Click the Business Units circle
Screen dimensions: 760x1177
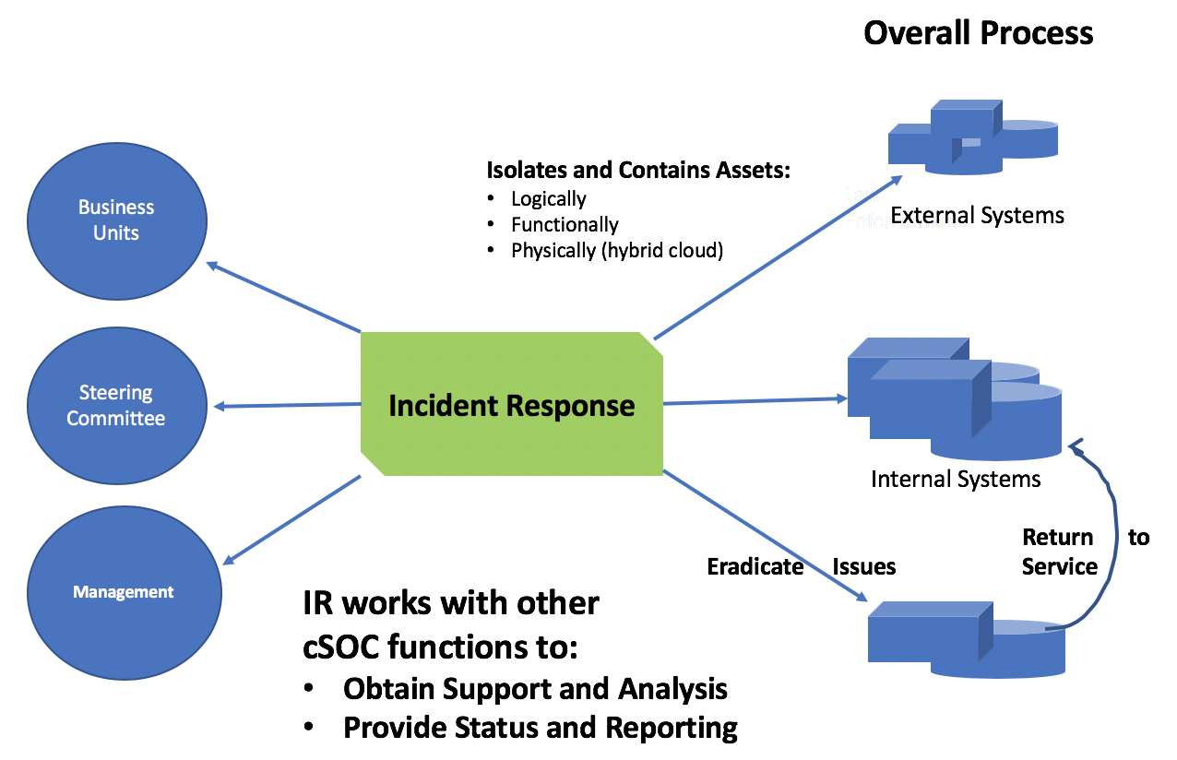click(116, 220)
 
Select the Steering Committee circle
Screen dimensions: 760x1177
click(116, 406)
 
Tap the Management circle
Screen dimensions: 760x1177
click(124, 592)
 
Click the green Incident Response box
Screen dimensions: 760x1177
click(512, 405)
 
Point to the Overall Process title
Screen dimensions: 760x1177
click(978, 33)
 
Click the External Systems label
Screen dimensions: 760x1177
click(977, 216)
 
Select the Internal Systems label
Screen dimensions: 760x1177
click(956, 480)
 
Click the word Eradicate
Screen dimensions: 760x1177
click(755, 566)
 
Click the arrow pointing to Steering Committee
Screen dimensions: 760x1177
click(286, 405)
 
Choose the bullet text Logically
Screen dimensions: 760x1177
click(548, 198)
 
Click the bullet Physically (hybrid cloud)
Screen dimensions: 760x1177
click(616, 250)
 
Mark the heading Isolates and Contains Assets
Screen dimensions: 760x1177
click(638, 171)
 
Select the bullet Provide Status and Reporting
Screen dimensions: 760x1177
click(540, 728)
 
